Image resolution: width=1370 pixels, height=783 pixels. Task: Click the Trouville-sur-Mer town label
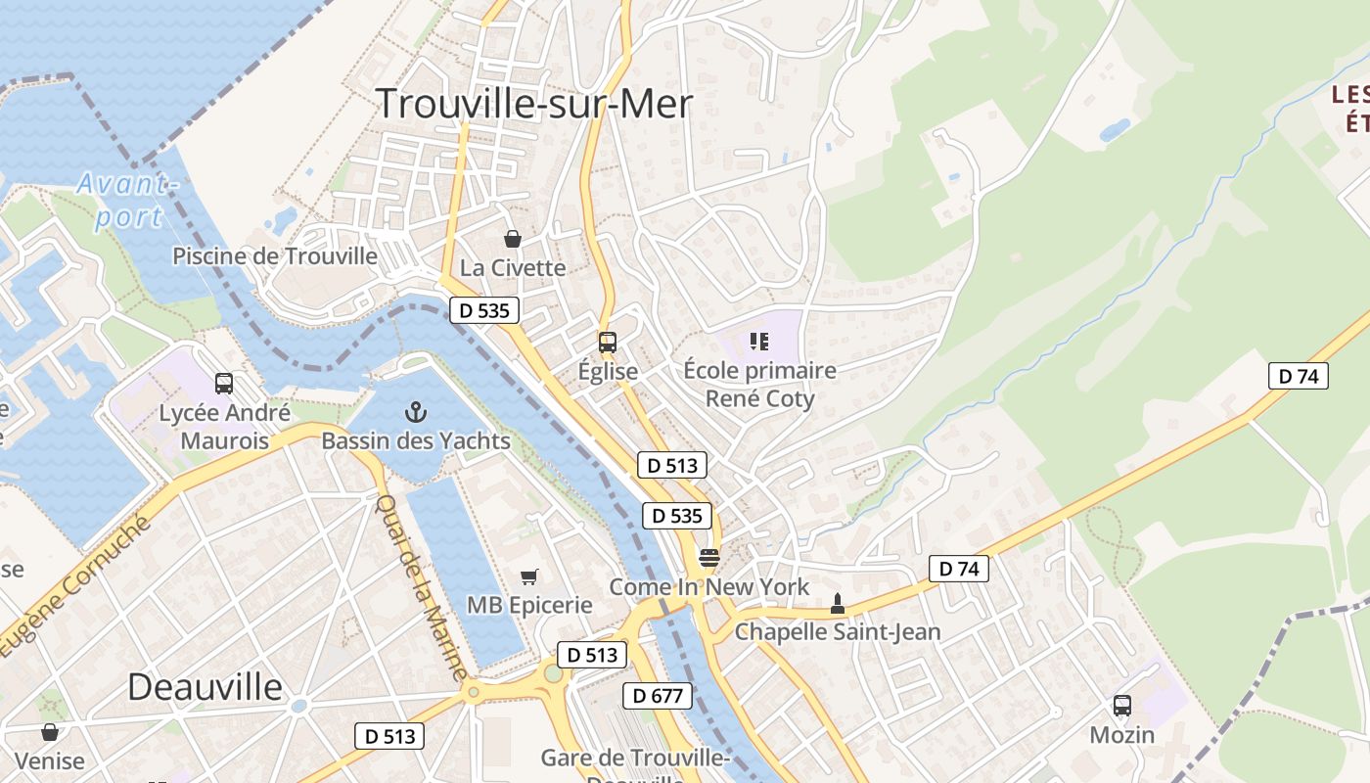click(534, 104)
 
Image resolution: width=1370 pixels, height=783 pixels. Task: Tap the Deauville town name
click(205, 686)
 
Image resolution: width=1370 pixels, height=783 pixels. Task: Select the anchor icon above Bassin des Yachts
click(417, 412)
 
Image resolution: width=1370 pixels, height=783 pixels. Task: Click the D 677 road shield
click(658, 696)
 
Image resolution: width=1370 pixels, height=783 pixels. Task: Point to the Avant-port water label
click(128, 201)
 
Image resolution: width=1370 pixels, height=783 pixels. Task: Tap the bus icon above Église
click(608, 343)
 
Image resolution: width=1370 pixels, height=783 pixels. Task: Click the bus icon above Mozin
click(1122, 705)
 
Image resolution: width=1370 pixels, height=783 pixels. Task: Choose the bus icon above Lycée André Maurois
click(224, 383)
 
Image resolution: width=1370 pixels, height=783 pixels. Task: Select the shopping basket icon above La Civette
click(512, 238)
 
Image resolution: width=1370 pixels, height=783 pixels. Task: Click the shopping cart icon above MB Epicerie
click(529, 576)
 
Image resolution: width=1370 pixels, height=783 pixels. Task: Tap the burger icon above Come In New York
click(709, 558)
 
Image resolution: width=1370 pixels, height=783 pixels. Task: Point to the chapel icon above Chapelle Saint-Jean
click(837, 603)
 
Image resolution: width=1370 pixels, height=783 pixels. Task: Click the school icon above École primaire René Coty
click(759, 341)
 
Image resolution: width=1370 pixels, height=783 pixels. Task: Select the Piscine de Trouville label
click(275, 256)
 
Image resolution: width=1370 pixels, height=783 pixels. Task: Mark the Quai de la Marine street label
click(422, 587)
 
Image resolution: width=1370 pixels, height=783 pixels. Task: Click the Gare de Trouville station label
click(635, 759)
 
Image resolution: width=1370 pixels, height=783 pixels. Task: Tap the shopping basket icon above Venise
click(50, 731)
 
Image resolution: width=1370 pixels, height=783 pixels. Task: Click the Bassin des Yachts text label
click(416, 441)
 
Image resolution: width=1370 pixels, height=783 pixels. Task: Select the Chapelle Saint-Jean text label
click(838, 631)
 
